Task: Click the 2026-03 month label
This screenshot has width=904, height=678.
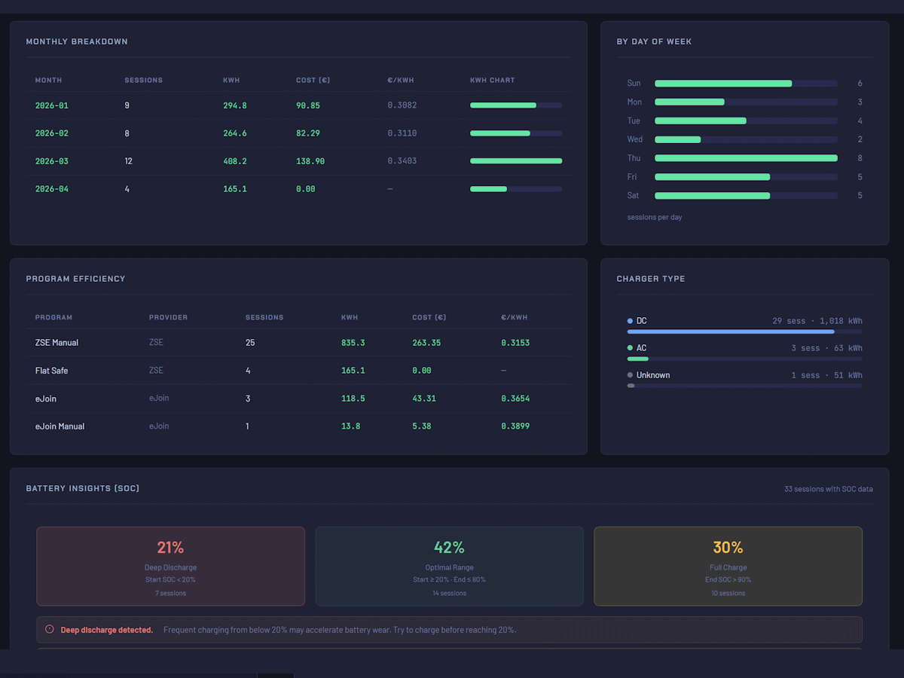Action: (51, 161)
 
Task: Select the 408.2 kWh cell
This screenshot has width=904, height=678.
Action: (234, 161)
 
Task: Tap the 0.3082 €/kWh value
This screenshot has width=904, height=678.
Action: (402, 105)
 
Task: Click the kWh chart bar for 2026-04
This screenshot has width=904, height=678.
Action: (489, 189)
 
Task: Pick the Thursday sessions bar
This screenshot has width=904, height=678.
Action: (745, 158)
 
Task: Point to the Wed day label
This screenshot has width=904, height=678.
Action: (634, 139)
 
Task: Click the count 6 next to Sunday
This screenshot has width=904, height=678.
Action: (860, 84)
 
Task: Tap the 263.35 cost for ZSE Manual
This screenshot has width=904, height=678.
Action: (426, 343)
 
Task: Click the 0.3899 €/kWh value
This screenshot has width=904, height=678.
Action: (515, 426)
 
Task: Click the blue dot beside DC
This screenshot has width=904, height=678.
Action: (630, 321)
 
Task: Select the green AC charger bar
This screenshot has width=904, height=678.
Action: (637, 359)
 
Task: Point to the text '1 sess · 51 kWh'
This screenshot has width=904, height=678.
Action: (826, 375)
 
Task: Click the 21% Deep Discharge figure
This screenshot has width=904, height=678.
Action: (170, 548)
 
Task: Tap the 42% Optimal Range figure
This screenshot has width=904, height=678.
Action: (449, 548)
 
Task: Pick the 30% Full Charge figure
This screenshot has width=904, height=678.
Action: (728, 548)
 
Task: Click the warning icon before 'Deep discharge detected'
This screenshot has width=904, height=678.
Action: (50, 630)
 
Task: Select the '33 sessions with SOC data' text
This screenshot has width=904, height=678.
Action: (828, 489)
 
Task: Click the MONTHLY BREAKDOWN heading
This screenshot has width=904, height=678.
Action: (77, 41)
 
